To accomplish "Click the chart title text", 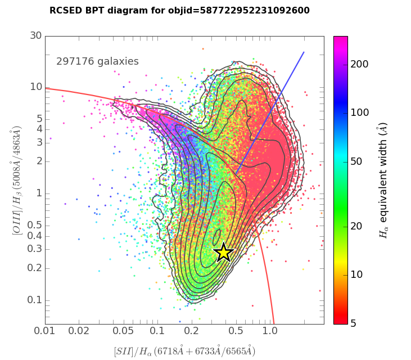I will (179, 11).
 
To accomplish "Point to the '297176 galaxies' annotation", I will (97, 61).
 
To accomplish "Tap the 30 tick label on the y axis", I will (36, 35).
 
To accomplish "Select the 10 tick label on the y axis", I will (36, 87).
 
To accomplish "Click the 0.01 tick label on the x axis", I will (45, 331).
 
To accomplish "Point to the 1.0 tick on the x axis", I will (270, 331).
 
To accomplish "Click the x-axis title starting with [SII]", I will (184, 351).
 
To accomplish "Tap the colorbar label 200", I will (359, 64).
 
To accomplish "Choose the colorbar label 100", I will (359, 112).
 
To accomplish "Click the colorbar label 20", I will (357, 226).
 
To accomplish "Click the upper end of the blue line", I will (304, 52).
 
